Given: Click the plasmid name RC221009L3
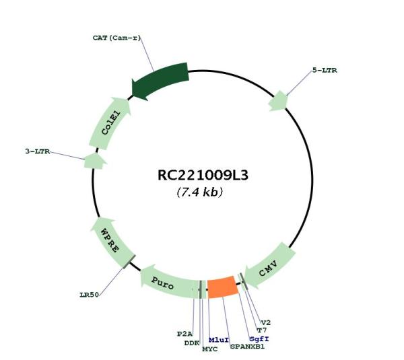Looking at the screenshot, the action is (x=203, y=175).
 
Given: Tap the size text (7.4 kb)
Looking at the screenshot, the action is (x=200, y=192).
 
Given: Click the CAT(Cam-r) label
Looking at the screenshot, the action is (x=116, y=38).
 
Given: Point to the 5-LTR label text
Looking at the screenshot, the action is (x=325, y=70).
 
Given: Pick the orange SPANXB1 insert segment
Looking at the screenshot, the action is (x=223, y=287).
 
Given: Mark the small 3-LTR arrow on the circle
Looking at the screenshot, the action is (x=95, y=161).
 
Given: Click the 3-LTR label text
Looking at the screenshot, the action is (x=38, y=151).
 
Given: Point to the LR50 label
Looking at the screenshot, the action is (x=89, y=295).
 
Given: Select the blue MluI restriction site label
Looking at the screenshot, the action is (x=219, y=340).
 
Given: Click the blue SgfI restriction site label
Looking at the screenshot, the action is (x=259, y=339).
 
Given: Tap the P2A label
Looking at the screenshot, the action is (x=184, y=334).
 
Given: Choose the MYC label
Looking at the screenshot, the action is (x=210, y=349).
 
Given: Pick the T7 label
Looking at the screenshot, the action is (x=262, y=330).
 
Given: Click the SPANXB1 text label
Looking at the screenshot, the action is (x=247, y=347).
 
